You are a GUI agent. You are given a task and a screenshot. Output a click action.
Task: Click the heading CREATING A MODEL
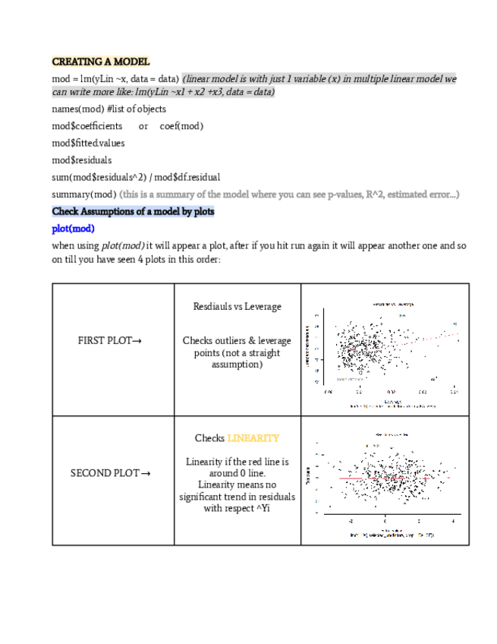[101, 62]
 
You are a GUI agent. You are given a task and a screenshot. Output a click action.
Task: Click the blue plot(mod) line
[73, 229]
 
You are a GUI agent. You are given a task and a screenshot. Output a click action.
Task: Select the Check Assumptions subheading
[133, 211]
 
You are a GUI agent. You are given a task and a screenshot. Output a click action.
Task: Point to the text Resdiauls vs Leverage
[237, 307]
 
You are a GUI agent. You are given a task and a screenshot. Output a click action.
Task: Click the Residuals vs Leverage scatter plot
[385, 349]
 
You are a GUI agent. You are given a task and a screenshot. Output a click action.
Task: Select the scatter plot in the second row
[385, 481]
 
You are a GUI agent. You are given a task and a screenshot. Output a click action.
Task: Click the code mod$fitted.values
[88, 143]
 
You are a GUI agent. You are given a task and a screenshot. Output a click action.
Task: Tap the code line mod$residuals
[81, 160]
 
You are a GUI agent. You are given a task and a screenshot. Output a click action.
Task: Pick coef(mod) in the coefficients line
[181, 126]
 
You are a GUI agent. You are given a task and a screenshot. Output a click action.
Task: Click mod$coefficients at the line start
[87, 126]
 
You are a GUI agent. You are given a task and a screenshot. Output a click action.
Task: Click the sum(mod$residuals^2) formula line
[136, 177]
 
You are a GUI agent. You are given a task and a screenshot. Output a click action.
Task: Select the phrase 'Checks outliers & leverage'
[237, 341]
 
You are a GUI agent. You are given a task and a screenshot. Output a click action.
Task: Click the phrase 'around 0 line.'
[237, 473]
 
